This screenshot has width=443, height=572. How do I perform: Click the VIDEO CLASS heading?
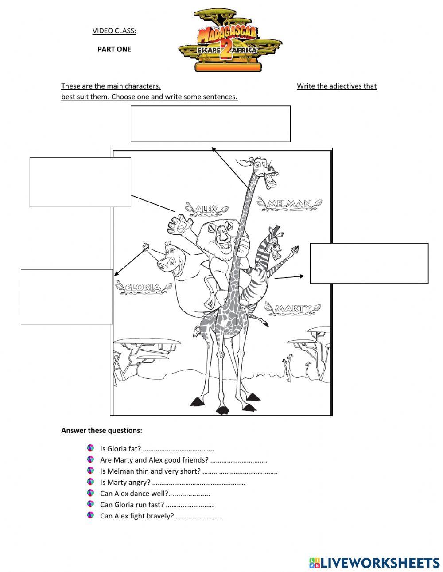tap(114, 31)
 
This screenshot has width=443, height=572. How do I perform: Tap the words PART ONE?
tap(114, 49)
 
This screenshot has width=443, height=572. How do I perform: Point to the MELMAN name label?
tap(290, 204)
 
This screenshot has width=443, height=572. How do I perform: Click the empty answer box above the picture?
tap(210, 124)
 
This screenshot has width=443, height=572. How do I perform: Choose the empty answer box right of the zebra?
tap(369, 263)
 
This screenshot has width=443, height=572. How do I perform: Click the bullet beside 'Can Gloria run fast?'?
tap(91, 504)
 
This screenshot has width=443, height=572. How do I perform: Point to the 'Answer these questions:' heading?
tap(101, 430)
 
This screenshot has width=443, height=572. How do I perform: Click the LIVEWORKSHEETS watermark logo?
tap(374, 563)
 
